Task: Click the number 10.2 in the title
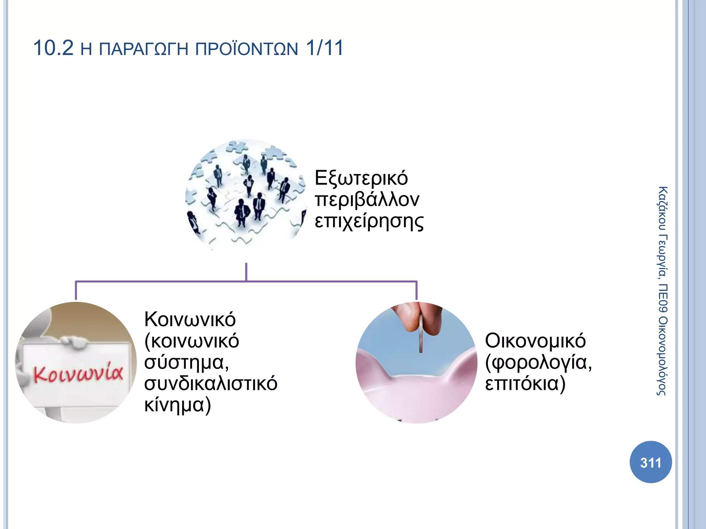[x=53, y=48]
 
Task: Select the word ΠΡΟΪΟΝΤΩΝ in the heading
[x=246, y=49]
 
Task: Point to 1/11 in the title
[x=325, y=48]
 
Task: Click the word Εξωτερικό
[x=361, y=178]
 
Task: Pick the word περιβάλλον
[x=367, y=200]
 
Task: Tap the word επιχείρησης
[x=369, y=221]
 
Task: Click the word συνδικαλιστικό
[x=211, y=383]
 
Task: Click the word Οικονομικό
[x=535, y=341]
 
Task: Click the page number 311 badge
[x=650, y=462]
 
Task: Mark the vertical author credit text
[x=662, y=291]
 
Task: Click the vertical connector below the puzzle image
[x=246, y=272]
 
